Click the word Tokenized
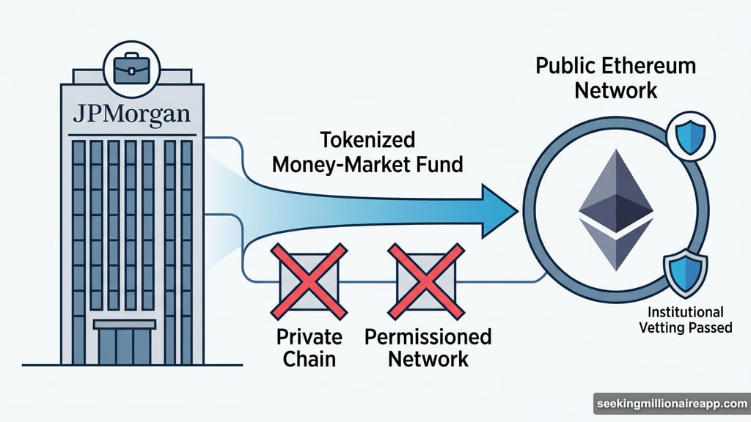pyautogui.click(x=367, y=139)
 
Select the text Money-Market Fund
pyautogui.click(x=367, y=165)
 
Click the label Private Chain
pyautogui.click(x=309, y=348)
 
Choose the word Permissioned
pyautogui.click(x=428, y=337)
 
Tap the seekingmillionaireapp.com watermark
pyautogui.click(x=670, y=404)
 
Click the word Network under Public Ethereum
pyautogui.click(x=616, y=92)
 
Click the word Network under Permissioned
pyautogui.click(x=428, y=360)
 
